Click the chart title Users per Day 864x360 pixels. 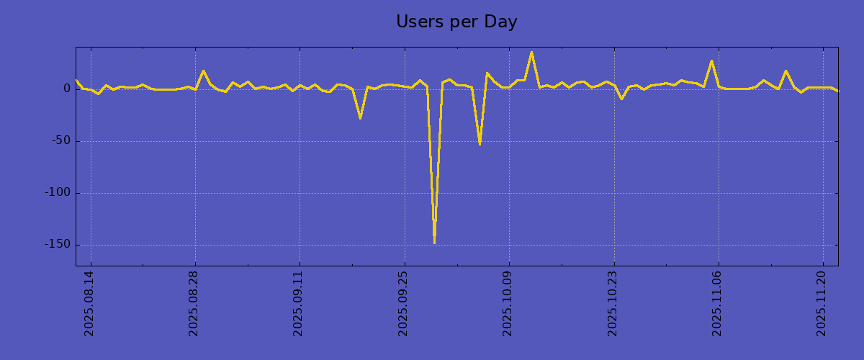(456, 22)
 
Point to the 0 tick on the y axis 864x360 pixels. (67, 89)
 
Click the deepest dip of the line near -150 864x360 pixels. (434, 243)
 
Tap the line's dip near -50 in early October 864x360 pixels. (480, 144)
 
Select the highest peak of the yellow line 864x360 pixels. (531, 52)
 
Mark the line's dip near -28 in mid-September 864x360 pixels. (360, 117)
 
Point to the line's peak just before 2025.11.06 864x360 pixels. (711, 61)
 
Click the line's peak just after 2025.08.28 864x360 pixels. (203, 71)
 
